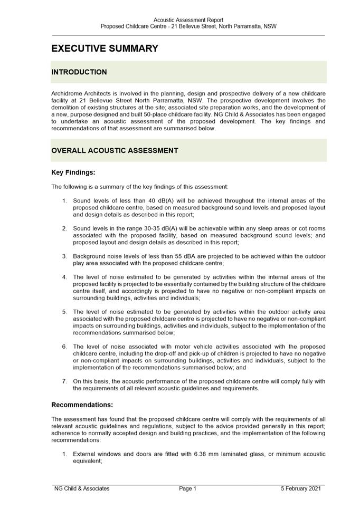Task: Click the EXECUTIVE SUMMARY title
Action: pos(105,49)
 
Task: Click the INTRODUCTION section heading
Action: pos(79,72)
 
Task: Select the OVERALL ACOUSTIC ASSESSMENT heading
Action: pos(115,150)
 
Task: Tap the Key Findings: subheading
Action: pos(73,172)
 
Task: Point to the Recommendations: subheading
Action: pos(82,405)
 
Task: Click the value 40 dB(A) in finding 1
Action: pos(146,201)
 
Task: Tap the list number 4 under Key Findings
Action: pos(64,277)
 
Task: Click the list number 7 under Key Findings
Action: pos(64,381)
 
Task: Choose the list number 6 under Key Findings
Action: pos(64,347)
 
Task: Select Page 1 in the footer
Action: pos(187,489)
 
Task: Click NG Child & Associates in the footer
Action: pos(82,489)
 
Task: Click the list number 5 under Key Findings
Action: pos(64,312)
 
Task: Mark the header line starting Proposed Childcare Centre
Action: pos(188,26)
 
